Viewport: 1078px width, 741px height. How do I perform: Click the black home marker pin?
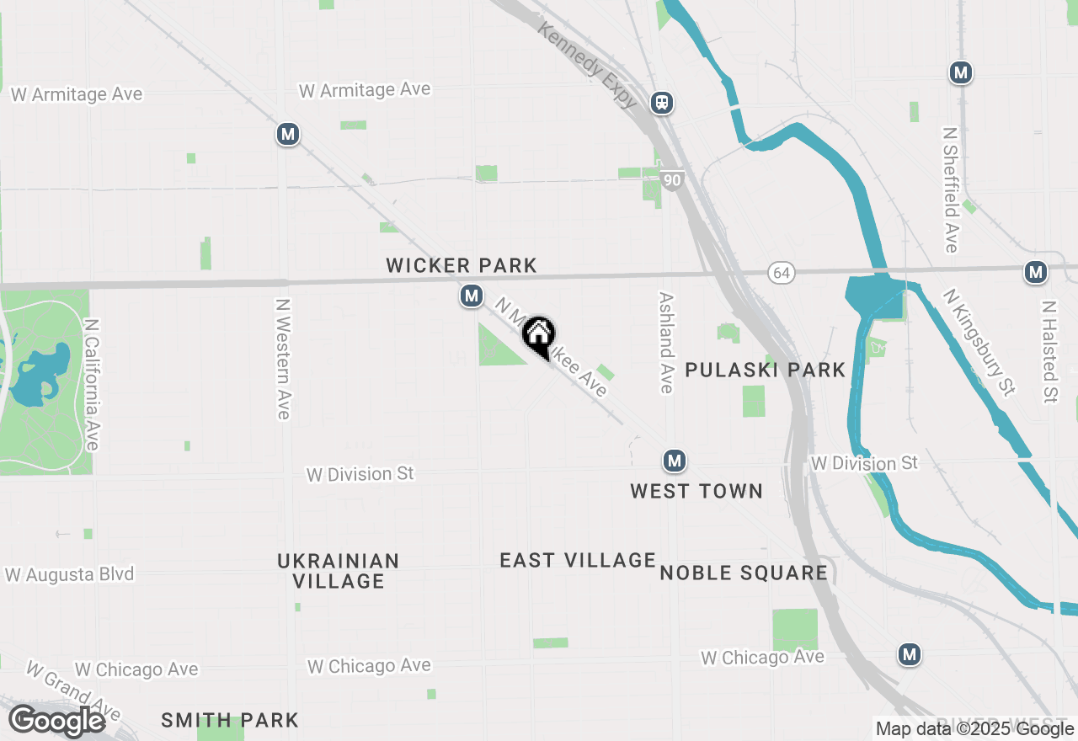[x=538, y=335]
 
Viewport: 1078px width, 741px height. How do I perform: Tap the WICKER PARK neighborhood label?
[x=461, y=266]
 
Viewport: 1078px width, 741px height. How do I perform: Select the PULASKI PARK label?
[x=765, y=370]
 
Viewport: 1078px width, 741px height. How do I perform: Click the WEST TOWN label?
[x=696, y=491]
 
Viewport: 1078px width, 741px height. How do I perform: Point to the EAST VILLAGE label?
[x=578, y=560]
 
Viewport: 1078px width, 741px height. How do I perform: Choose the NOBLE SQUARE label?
[x=744, y=573]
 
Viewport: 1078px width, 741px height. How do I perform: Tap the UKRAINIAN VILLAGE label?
[x=339, y=571]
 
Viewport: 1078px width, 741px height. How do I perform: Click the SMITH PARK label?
[x=230, y=721]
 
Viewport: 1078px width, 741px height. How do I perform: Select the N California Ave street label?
[x=92, y=384]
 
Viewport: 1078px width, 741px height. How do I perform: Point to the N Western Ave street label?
[x=283, y=359]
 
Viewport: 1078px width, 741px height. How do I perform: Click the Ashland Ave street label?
[x=666, y=343]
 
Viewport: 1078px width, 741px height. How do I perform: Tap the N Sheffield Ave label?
[x=951, y=189]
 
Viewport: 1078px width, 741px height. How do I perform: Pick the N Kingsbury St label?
[x=979, y=342]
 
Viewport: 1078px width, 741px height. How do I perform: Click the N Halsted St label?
[x=1049, y=352]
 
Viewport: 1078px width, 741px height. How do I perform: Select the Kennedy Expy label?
[x=588, y=65]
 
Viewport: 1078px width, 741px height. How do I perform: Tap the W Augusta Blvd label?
[x=69, y=575]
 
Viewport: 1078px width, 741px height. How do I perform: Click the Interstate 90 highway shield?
[x=671, y=180]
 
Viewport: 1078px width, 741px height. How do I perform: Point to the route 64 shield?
[x=781, y=272]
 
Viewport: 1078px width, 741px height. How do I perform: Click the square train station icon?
[x=662, y=103]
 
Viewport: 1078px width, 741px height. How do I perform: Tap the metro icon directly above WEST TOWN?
[x=674, y=461]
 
